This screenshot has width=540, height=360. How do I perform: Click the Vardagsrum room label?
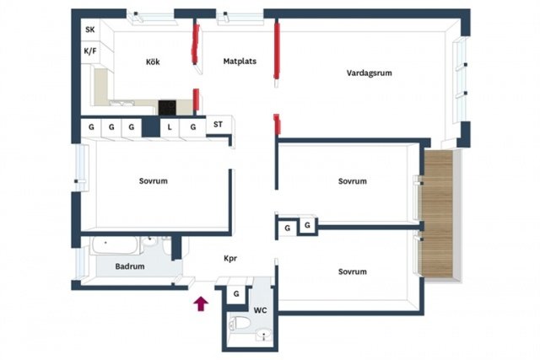point(370,73)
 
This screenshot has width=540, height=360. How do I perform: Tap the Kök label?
point(153,62)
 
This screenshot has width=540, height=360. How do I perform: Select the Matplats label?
point(240,62)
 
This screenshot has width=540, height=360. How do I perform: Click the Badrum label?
point(130,266)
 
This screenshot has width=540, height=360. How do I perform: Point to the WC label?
point(261,310)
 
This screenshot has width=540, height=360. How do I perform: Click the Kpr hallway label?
point(230,258)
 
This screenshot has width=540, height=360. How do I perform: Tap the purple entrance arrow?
point(201,304)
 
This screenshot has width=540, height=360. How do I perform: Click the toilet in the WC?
point(240,323)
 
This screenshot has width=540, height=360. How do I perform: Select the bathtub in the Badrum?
point(115,244)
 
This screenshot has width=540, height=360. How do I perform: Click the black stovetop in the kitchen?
point(167,107)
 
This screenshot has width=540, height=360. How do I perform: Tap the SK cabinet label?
point(90,30)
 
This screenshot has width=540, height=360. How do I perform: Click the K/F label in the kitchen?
point(90,51)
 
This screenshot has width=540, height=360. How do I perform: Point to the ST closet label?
point(218,124)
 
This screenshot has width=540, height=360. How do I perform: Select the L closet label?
point(170,127)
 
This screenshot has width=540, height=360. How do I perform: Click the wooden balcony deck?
point(437,213)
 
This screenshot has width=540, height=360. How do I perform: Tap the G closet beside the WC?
point(236,294)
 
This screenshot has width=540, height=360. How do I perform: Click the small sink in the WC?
point(264,334)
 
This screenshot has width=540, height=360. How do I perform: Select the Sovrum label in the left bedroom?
point(154,181)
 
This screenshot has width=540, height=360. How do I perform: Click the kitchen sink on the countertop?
point(121,103)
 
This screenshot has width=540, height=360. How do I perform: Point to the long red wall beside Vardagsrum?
point(277,51)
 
